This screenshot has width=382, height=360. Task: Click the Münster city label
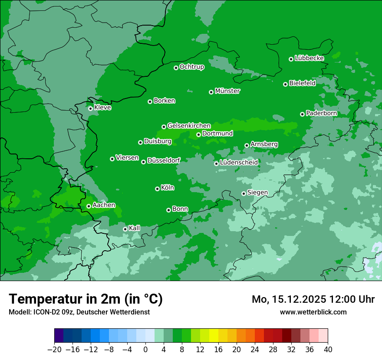pos(227,91)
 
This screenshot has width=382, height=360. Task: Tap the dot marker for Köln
pos(157,189)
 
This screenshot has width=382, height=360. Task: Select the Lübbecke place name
pos(309,58)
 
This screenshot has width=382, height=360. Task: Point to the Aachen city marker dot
pos(89,206)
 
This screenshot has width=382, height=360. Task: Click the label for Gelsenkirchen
pos(189,126)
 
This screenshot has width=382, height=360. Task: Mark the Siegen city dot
pos(244,193)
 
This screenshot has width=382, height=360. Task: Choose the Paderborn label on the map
pos(321,113)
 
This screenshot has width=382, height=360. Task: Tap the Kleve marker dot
pos(90,108)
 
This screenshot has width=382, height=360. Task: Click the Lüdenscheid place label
pos(239,163)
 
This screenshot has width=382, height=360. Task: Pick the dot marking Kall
pos(125,229)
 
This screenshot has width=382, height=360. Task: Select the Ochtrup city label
pos(191,67)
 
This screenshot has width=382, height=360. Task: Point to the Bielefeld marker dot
pos(285,84)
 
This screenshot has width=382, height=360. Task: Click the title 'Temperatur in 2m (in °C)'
pos(86,299)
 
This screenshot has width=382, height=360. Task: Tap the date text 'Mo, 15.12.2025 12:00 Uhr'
pos(313,299)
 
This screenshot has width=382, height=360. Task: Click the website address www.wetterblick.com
pos(313,312)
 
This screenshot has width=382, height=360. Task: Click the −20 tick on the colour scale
pos(54,350)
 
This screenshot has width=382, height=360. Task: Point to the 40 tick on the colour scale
pos(328,350)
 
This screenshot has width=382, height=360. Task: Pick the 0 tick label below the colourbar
pos(145,350)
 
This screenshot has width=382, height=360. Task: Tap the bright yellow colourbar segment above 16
pos(214,336)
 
